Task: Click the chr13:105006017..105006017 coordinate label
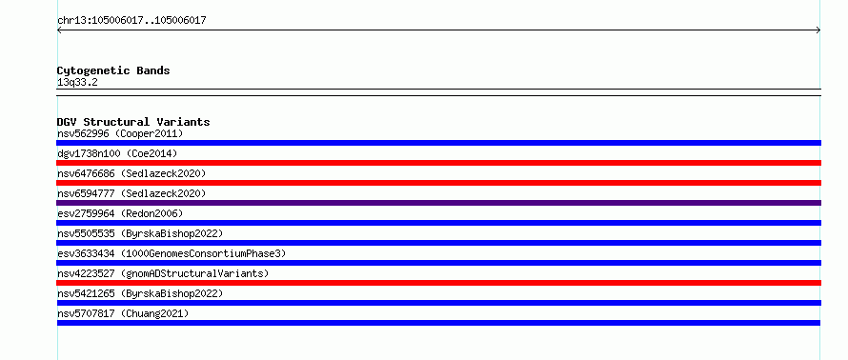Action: pos(131,21)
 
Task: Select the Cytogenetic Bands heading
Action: pos(113,70)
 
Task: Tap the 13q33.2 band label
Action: pos(77,83)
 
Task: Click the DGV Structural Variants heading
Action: pos(133,122)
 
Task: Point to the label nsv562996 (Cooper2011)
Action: pos(120,133)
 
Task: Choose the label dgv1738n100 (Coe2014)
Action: pos(117,153)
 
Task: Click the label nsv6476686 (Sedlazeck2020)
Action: pos(131,173)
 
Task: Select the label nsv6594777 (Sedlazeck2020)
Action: pos(131,193)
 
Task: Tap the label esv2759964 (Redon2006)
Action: pos(120,213)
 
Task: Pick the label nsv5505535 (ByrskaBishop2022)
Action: pos(140,233)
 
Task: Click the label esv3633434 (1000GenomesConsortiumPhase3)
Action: pos(172,253)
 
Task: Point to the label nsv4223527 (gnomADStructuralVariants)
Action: pos(163,273)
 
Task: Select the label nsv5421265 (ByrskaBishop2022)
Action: pos(140,293)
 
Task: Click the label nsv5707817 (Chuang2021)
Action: pos(123,313)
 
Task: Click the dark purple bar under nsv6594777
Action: pos(438,203)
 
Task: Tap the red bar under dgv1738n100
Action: pos(438,163)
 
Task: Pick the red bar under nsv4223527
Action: pos(438,283)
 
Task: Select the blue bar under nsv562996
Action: pos(438,143)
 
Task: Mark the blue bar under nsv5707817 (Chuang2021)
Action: pos(438,323)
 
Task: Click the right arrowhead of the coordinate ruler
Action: pos(818,30)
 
